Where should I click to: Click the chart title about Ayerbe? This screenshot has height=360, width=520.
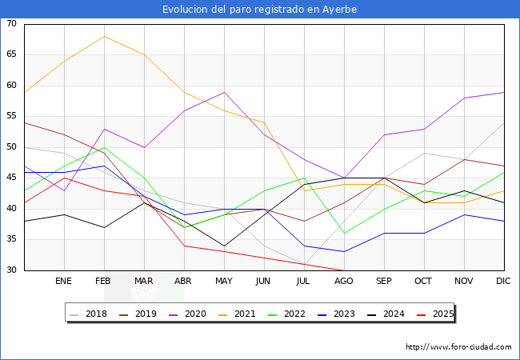[x=259, y=10]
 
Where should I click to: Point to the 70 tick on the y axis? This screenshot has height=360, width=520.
[x=11, y=24]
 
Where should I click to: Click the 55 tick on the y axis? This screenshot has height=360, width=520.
[x=11, y=117]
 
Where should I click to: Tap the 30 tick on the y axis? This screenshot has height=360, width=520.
[x=11, y=270]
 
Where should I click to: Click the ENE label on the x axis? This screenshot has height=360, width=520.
[x=64, y=282]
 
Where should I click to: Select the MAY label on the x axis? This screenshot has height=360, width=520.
[x=224, y=282]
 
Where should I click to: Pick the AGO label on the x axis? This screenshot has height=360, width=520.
[x=344, y=282]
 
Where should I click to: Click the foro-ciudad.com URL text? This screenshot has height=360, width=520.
[x=458, y=347]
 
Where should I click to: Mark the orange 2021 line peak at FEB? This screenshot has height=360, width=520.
[x=104, y=37]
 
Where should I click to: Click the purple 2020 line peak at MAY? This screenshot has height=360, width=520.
[x=224, y=92]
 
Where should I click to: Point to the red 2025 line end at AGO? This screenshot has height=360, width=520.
[x=344, y=270]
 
